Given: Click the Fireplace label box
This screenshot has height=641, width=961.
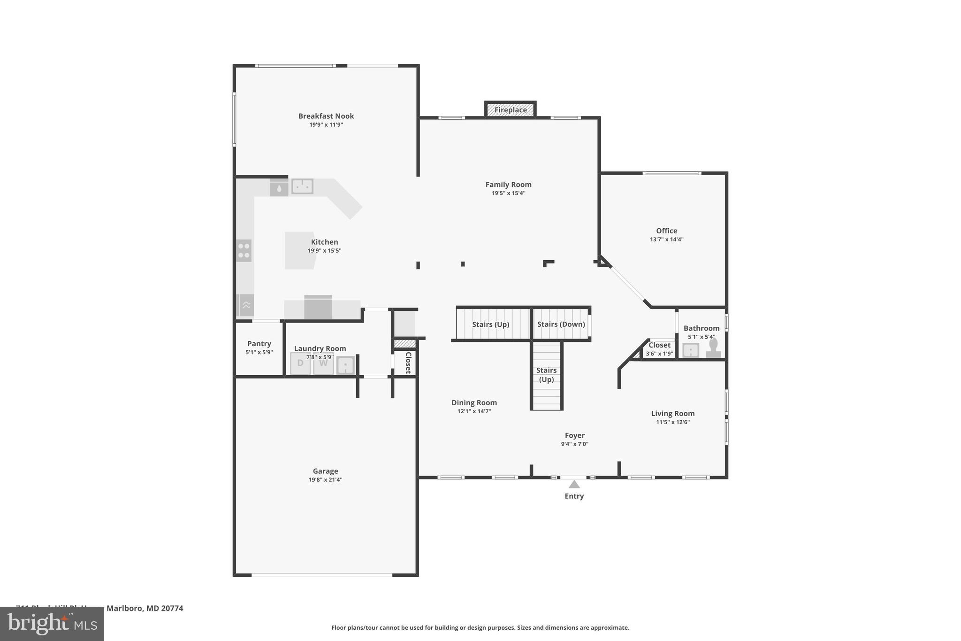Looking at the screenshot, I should point(511,110).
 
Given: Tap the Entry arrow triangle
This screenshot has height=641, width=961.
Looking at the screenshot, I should point(574,485).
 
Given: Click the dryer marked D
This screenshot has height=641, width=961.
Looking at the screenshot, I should point(300,364).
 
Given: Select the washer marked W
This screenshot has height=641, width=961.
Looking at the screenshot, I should point(323,364).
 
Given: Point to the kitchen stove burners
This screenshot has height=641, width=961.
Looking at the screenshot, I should point(244,250).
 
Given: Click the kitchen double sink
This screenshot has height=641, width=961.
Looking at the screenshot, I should point(302,186).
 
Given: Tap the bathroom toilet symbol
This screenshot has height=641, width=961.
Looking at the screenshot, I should point(713,348).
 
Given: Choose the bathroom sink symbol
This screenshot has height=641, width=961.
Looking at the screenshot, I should point(691,350).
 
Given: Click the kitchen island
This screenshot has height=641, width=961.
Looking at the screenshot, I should point(299,250).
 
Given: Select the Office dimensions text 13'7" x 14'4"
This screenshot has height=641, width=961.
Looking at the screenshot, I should point(666,239).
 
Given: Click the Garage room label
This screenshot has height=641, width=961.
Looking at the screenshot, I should point(325,471).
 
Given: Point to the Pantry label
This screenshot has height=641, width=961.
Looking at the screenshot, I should point(259,344).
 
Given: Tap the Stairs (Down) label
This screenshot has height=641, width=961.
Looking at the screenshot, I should point(561,324).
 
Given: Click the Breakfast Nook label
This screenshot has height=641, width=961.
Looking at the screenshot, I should point(326,116).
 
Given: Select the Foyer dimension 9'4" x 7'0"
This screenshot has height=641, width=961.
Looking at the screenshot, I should point(574,444).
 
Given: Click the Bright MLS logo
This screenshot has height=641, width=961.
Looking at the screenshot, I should point(52,624).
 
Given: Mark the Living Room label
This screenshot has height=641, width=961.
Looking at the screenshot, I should point(672,414).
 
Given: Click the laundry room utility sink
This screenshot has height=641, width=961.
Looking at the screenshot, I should point(345,365).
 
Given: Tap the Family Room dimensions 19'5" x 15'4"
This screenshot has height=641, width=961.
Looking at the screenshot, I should point(508,193).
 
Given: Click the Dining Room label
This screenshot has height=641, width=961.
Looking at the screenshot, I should point(474,402).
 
